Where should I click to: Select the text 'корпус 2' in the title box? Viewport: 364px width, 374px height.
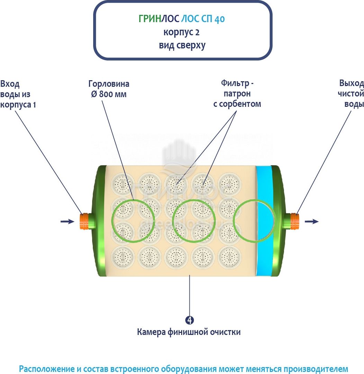(181, 32)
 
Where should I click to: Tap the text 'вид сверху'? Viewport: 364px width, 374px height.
(182, 45)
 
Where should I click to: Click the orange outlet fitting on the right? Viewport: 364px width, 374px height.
(294, 221)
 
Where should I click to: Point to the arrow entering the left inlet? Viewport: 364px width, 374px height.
(67, 221)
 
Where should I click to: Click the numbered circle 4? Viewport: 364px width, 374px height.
(189, 320)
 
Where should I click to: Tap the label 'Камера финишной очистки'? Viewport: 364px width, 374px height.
(189, 332)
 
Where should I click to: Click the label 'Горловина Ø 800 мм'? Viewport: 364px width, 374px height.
(109, 89)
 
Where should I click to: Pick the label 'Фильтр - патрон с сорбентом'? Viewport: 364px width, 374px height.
(237, 94)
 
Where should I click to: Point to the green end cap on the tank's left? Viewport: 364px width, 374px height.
(99, 221)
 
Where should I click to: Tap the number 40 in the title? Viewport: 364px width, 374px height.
(219, 19)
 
